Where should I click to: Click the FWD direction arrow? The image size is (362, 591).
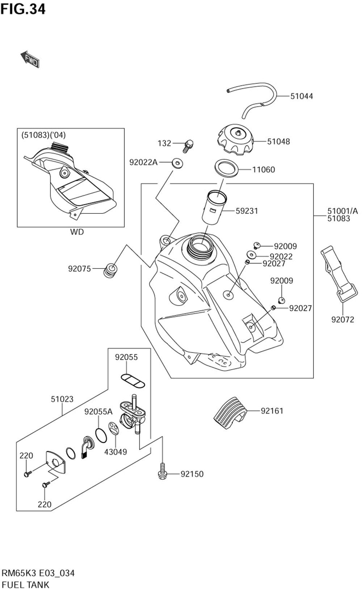coord(30,59)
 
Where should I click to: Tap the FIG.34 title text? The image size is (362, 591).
coord(23,9)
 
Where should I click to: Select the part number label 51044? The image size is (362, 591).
coord(302,96)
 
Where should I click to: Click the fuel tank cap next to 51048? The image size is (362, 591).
coord(235,140)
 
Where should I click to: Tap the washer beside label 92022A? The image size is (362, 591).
coord(177,163)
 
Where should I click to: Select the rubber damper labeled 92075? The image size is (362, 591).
coord(110,271)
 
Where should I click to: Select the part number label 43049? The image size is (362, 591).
coord(115,452)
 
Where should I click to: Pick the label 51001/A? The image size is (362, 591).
coord(343,211)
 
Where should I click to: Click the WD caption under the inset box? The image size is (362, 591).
coord(77,232)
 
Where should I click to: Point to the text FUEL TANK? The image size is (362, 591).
coord(25,585)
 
